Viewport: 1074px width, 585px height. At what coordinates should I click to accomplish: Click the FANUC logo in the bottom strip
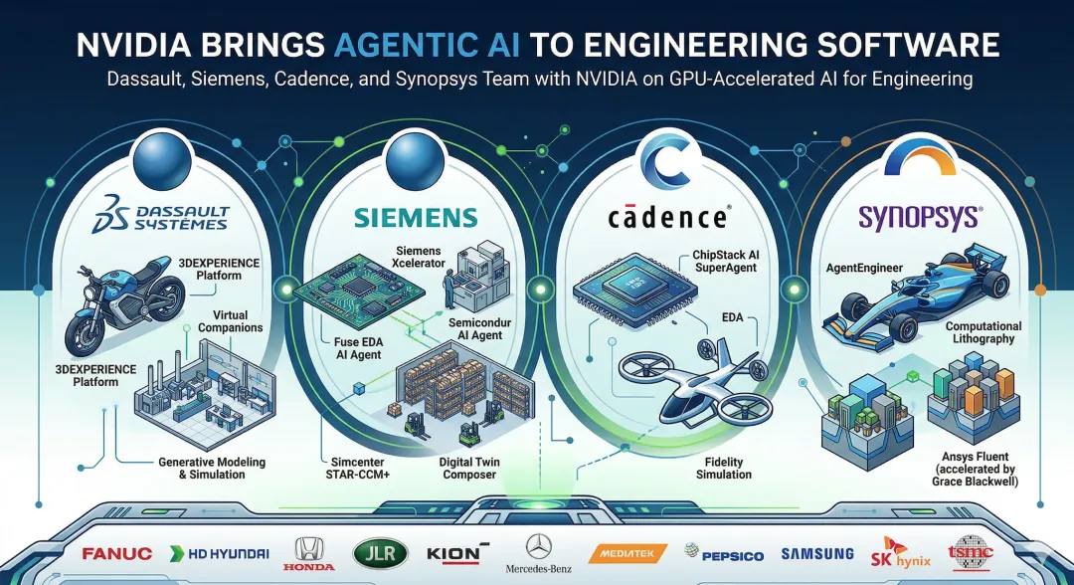click(x=118, y=553)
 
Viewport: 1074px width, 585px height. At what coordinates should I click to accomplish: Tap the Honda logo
click(x=301, y=554)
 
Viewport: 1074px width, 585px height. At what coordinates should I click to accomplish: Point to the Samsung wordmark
click(x=817, y=553)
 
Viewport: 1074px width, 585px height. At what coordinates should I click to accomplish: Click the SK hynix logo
click(x=897, y=553)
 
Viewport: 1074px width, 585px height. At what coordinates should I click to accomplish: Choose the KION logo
click(x=457, y=552)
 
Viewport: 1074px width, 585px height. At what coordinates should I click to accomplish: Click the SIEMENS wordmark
click(x=401, y=218)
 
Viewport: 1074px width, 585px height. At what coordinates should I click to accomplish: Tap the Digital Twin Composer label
click(x=467, y=468)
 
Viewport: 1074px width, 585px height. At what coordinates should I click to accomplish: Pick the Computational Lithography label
click(x=983, y=332)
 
